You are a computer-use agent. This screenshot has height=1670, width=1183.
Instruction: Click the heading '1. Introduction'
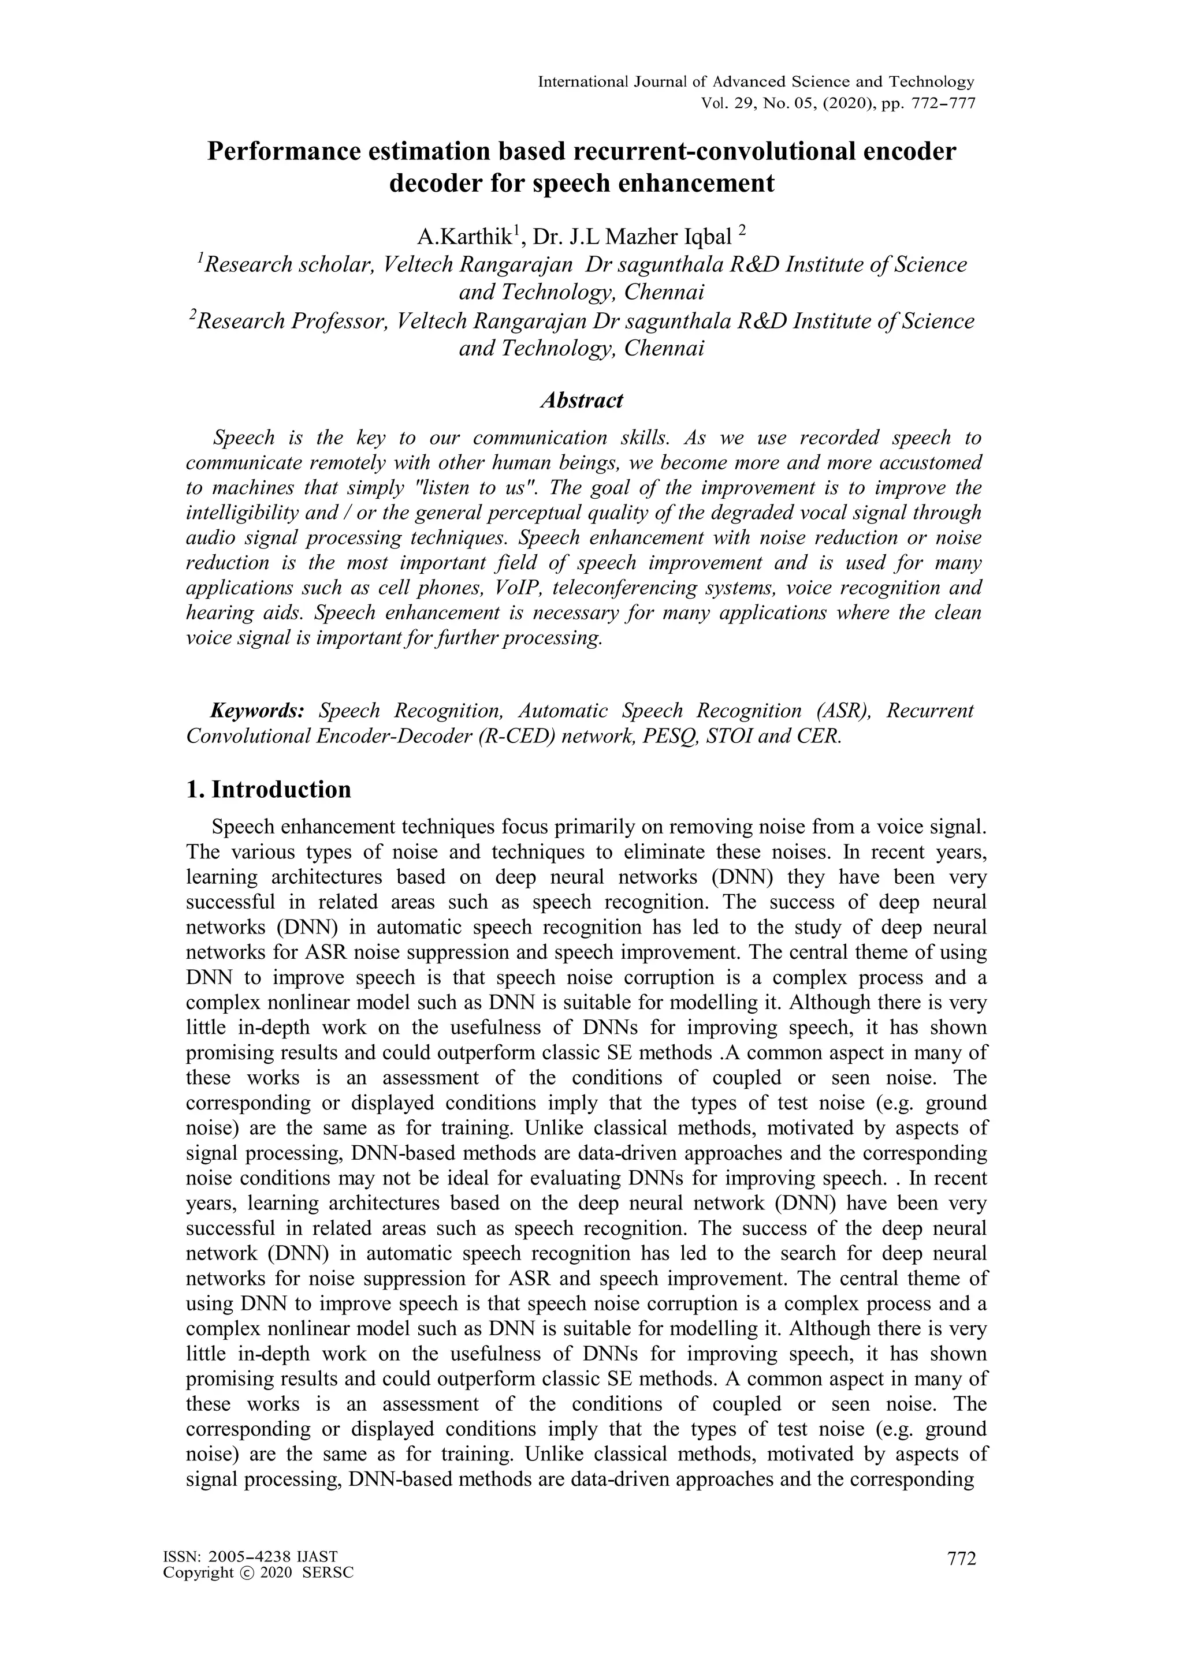(x=269, y=790)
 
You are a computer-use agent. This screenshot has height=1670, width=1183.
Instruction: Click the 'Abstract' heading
(x=581, y=401)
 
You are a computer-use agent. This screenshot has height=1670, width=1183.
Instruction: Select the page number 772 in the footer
(x=961, y=1558)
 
